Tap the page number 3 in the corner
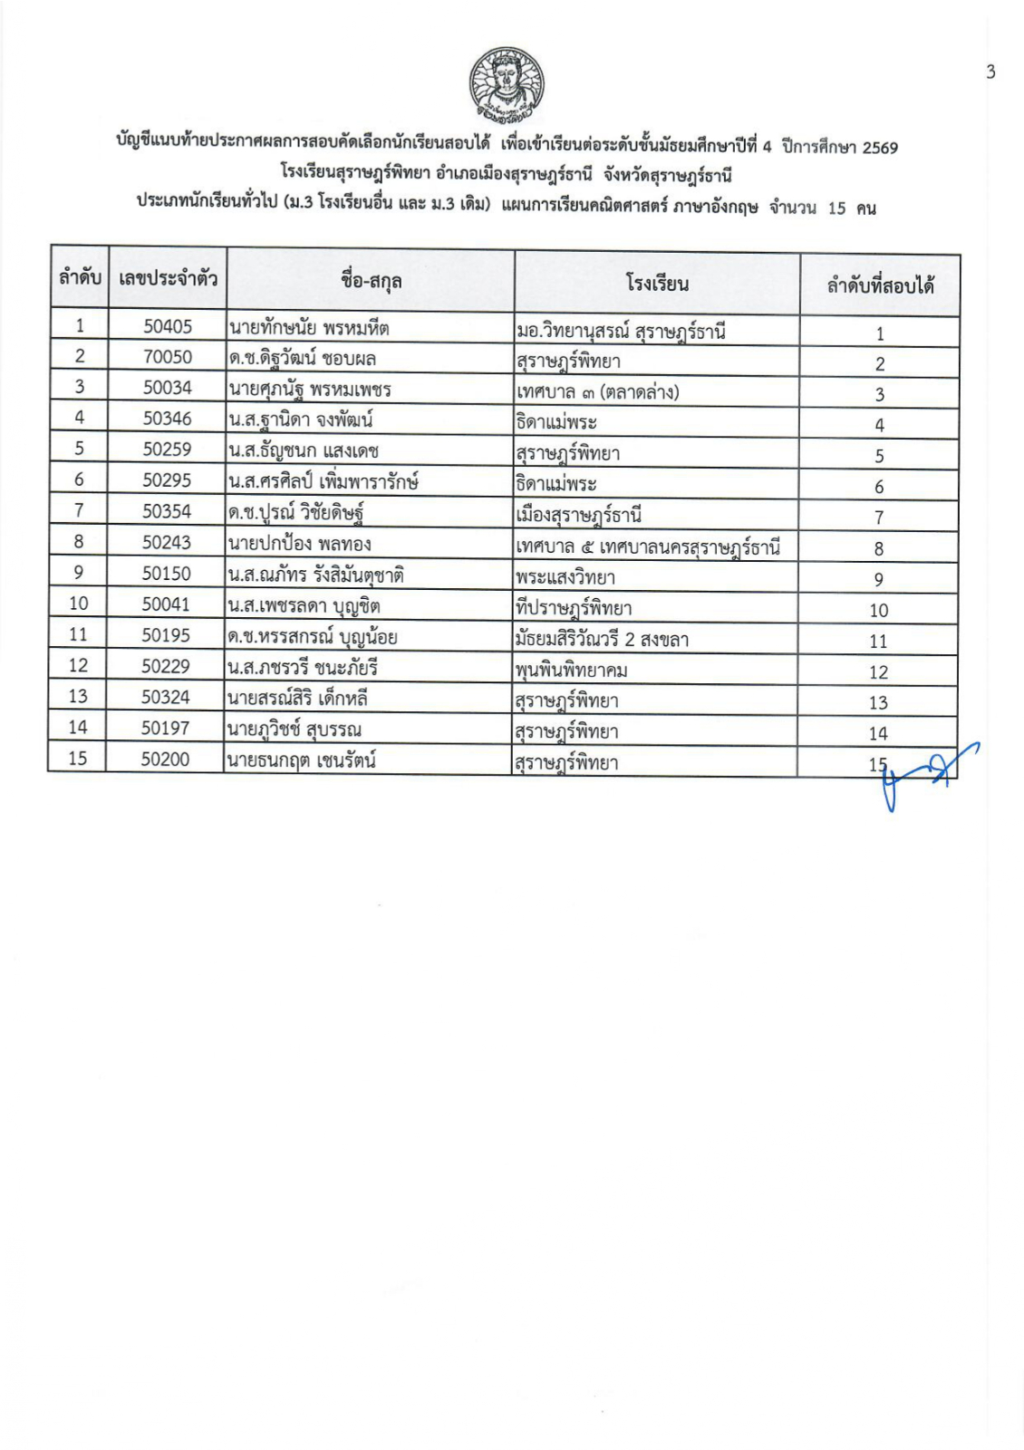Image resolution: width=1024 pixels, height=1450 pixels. click(x=990, y=72)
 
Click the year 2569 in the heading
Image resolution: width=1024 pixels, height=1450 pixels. click(x=879, y=148)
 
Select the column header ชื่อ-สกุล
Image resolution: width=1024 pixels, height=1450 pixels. click(x=372, y=280)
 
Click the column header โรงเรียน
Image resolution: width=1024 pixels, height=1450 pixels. click(x=657, y=284)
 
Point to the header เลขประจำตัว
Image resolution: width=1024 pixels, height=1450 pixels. click(x=168, y=278)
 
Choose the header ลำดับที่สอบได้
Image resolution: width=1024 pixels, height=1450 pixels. click(x=880, y=286)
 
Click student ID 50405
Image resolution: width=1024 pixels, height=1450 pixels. click(x=168, y=326)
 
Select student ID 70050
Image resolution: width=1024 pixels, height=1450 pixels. click(x=168, y=357)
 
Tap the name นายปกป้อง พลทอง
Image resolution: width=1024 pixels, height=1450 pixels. click(x=299, y=544)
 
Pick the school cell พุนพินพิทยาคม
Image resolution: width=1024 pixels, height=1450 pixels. click(x=571, y=671)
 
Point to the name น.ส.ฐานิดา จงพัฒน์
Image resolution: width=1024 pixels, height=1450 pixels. click(x=301, y=420)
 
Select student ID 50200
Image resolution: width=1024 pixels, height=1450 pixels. click(x=165, y=759)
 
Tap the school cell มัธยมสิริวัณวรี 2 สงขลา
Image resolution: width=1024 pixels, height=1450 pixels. click(x=602, y=639)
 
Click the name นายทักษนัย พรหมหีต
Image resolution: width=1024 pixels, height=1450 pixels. click(x=309, y=327)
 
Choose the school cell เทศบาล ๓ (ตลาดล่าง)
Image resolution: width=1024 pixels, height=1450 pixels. click(x=597, y=391)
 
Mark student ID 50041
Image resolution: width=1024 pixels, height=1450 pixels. click(x=166, y=604)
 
